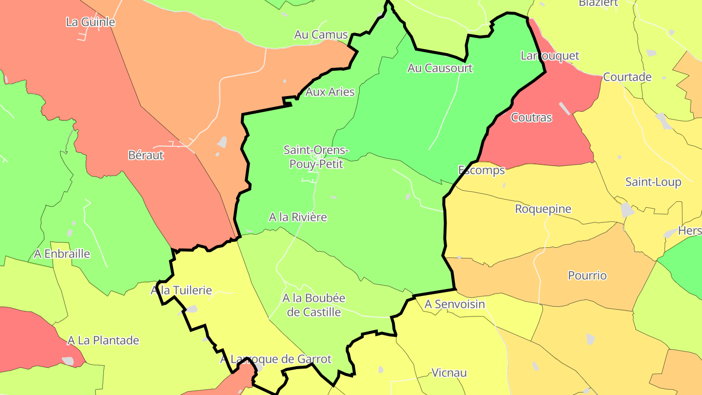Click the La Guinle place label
(90, 22)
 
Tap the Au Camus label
(321, 35)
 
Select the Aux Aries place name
(330, 92)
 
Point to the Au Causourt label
(440, 68)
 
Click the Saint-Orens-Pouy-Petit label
(316, 157)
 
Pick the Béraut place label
(146, 155)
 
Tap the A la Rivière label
(298, 217)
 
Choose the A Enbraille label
(62, 254)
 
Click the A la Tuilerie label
(181, 291)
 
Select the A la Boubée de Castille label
(314, 305)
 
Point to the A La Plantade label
(103, 340)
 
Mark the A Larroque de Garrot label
(275, 359)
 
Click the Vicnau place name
(449, 373)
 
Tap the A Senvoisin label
(455, 304)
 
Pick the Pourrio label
(587, 276)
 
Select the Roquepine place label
(543, 209)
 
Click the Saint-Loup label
(653, 182)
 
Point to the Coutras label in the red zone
(531, 118)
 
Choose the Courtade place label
(627, 77)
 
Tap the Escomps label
(482, 170)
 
